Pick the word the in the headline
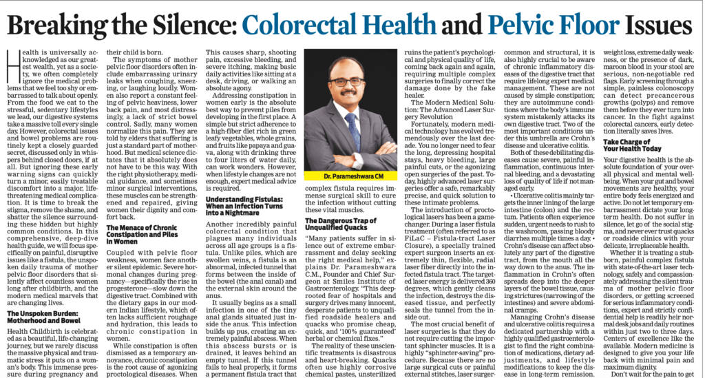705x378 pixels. [128, 26]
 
